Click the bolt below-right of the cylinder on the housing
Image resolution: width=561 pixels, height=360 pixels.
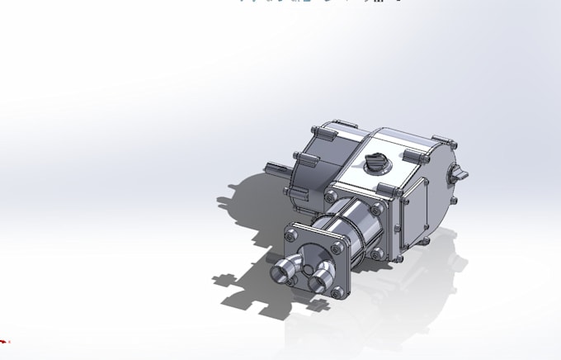(378, 253)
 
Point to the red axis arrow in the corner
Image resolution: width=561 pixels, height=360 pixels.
(4, 340)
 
